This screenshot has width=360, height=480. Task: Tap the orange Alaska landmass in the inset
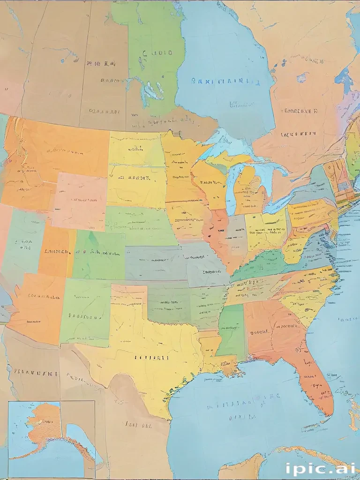pos(45,422)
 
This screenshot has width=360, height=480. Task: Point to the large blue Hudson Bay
pos(225,61)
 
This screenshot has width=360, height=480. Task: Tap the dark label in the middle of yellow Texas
pos(151,357)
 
